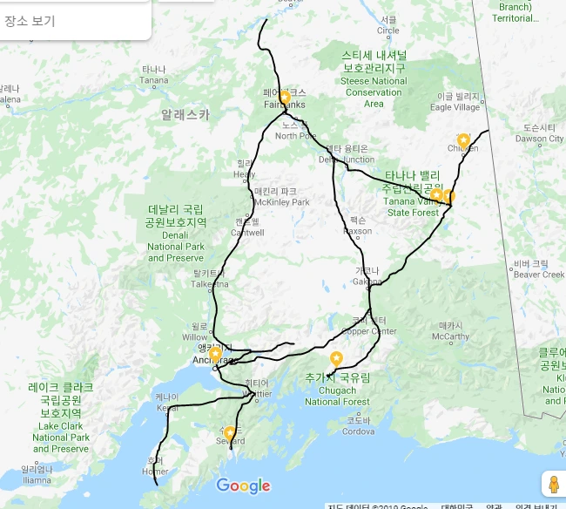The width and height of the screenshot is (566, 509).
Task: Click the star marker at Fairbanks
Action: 284,97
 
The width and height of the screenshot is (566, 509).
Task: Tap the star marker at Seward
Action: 230,432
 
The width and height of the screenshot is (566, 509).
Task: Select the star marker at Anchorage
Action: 215,355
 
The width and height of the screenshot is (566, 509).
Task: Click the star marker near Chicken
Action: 463,139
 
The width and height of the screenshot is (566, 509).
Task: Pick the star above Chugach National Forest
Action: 336,358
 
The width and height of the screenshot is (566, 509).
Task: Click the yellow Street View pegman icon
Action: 552,484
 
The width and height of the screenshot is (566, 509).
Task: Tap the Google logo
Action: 243,486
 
